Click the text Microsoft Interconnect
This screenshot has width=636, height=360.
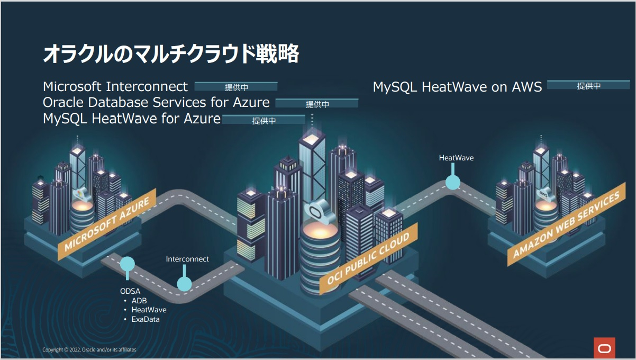(115, 86)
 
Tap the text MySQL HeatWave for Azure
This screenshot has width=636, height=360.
(132, 119)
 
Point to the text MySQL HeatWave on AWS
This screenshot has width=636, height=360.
(457, 87)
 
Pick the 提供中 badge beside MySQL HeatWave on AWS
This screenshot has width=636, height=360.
(588, 86)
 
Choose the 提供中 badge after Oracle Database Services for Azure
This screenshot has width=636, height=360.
(317, 104)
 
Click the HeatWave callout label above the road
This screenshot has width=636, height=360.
(456, 158)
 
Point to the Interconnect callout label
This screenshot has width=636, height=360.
(187, 259)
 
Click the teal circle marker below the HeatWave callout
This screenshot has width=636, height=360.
(452, 183)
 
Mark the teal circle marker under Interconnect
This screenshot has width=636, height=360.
(184, 284)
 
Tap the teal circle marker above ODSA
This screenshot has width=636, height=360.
(128, 264)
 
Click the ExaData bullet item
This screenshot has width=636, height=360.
(146, 319)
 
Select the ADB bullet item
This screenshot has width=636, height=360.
(139, 301)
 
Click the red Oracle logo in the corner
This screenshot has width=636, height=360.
(605, 348)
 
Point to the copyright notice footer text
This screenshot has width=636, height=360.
(89, 350)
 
